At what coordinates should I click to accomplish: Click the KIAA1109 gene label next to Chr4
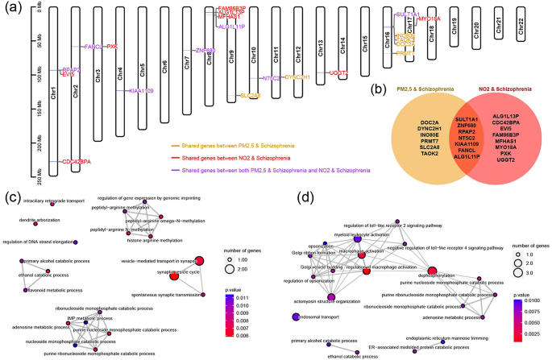(x=142, y=91)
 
